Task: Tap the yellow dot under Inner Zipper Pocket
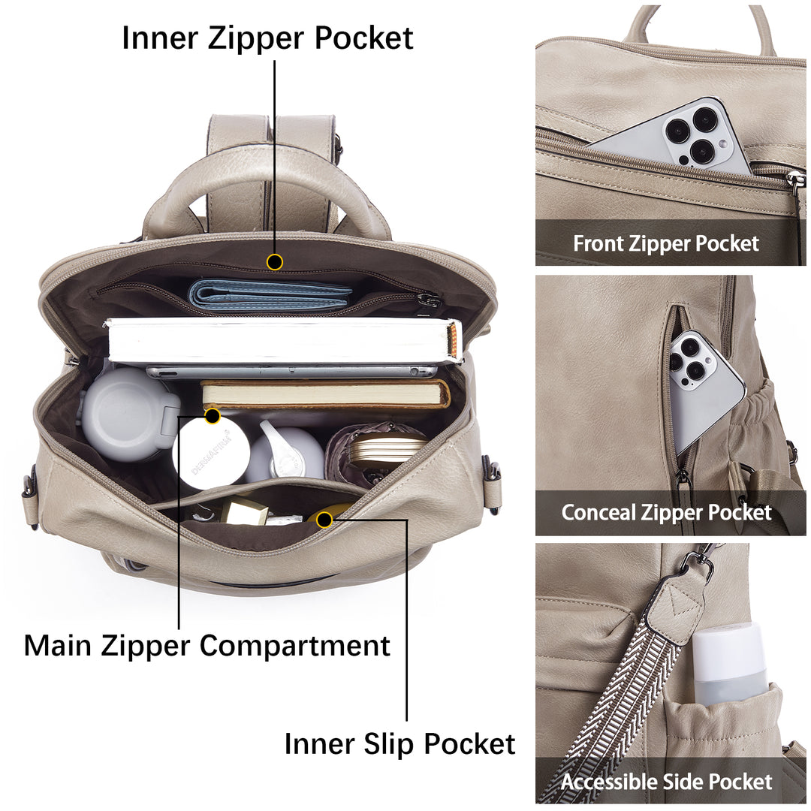[275, 262]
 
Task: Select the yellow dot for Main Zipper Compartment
[213, 416]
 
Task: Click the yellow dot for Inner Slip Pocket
[324, 520]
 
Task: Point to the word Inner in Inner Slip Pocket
[319, 743]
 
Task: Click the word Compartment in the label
[294, 647]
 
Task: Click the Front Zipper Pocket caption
[665, 243]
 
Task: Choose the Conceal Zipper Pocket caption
[666, 513]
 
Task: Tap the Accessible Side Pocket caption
[666, 782]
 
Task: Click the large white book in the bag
[283, 342]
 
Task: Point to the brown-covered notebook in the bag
[325, 395]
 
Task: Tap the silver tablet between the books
[291, 371]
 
